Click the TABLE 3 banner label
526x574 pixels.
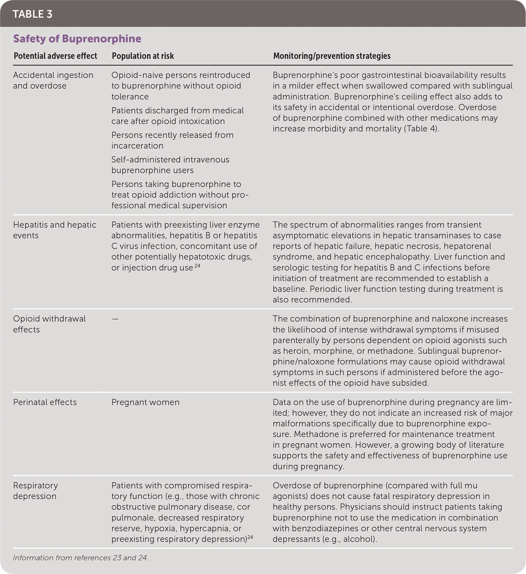click(32, 14)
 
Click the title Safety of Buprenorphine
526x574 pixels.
click(77, 39)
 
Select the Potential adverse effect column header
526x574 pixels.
click(55, 56)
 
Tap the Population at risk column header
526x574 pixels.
click(143, 56)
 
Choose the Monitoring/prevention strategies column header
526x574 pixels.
click(332, 56)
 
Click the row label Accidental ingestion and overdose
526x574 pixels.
click(53, 80)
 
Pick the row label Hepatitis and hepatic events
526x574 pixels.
click(55, 230)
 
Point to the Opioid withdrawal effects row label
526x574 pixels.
click(49, 324)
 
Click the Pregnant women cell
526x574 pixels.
click(145, 402)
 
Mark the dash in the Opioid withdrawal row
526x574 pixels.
click(115, 319)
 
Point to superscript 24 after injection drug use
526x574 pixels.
click(197, 266)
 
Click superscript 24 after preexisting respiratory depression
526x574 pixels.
click(250, 537)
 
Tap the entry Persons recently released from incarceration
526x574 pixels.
click(172, 140)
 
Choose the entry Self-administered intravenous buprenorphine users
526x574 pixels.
click(170, 165)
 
